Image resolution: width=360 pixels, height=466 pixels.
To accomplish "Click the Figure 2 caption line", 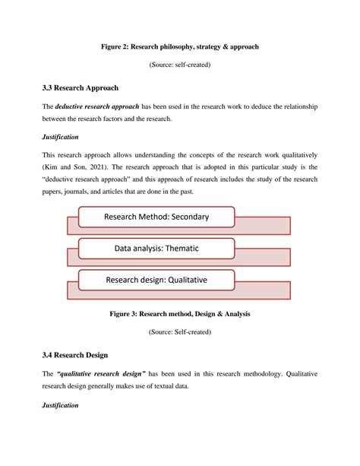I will [180, 46].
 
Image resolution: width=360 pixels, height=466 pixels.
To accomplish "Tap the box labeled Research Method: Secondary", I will [156, 218].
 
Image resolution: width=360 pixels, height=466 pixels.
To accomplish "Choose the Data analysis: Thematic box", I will [156, 248].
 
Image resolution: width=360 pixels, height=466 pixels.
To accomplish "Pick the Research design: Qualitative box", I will [156, 281].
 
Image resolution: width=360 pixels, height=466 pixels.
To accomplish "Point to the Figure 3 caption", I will [180, 313].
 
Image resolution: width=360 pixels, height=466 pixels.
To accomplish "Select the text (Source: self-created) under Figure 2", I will [180, 65].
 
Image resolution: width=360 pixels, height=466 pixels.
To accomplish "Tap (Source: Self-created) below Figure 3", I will [180, 331].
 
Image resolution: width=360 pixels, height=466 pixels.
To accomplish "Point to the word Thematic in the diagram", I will [191, 248].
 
